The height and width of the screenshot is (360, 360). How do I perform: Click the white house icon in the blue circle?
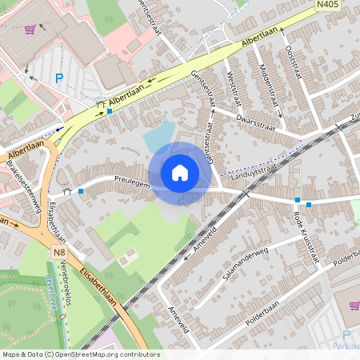point(180,172)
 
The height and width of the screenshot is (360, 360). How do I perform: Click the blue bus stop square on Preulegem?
point(81,192)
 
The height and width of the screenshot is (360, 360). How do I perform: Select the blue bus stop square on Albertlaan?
point(109,111)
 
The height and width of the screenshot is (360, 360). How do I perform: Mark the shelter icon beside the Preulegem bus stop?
point(68,191)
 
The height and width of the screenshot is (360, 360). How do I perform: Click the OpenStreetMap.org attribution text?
point(104,354)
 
